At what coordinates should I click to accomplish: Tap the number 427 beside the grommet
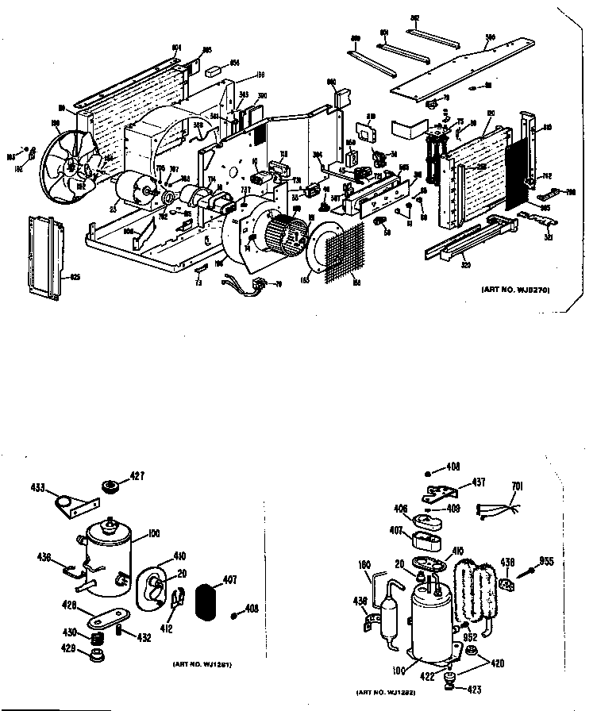pos(137,477)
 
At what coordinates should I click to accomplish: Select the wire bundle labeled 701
pos(497,509)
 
